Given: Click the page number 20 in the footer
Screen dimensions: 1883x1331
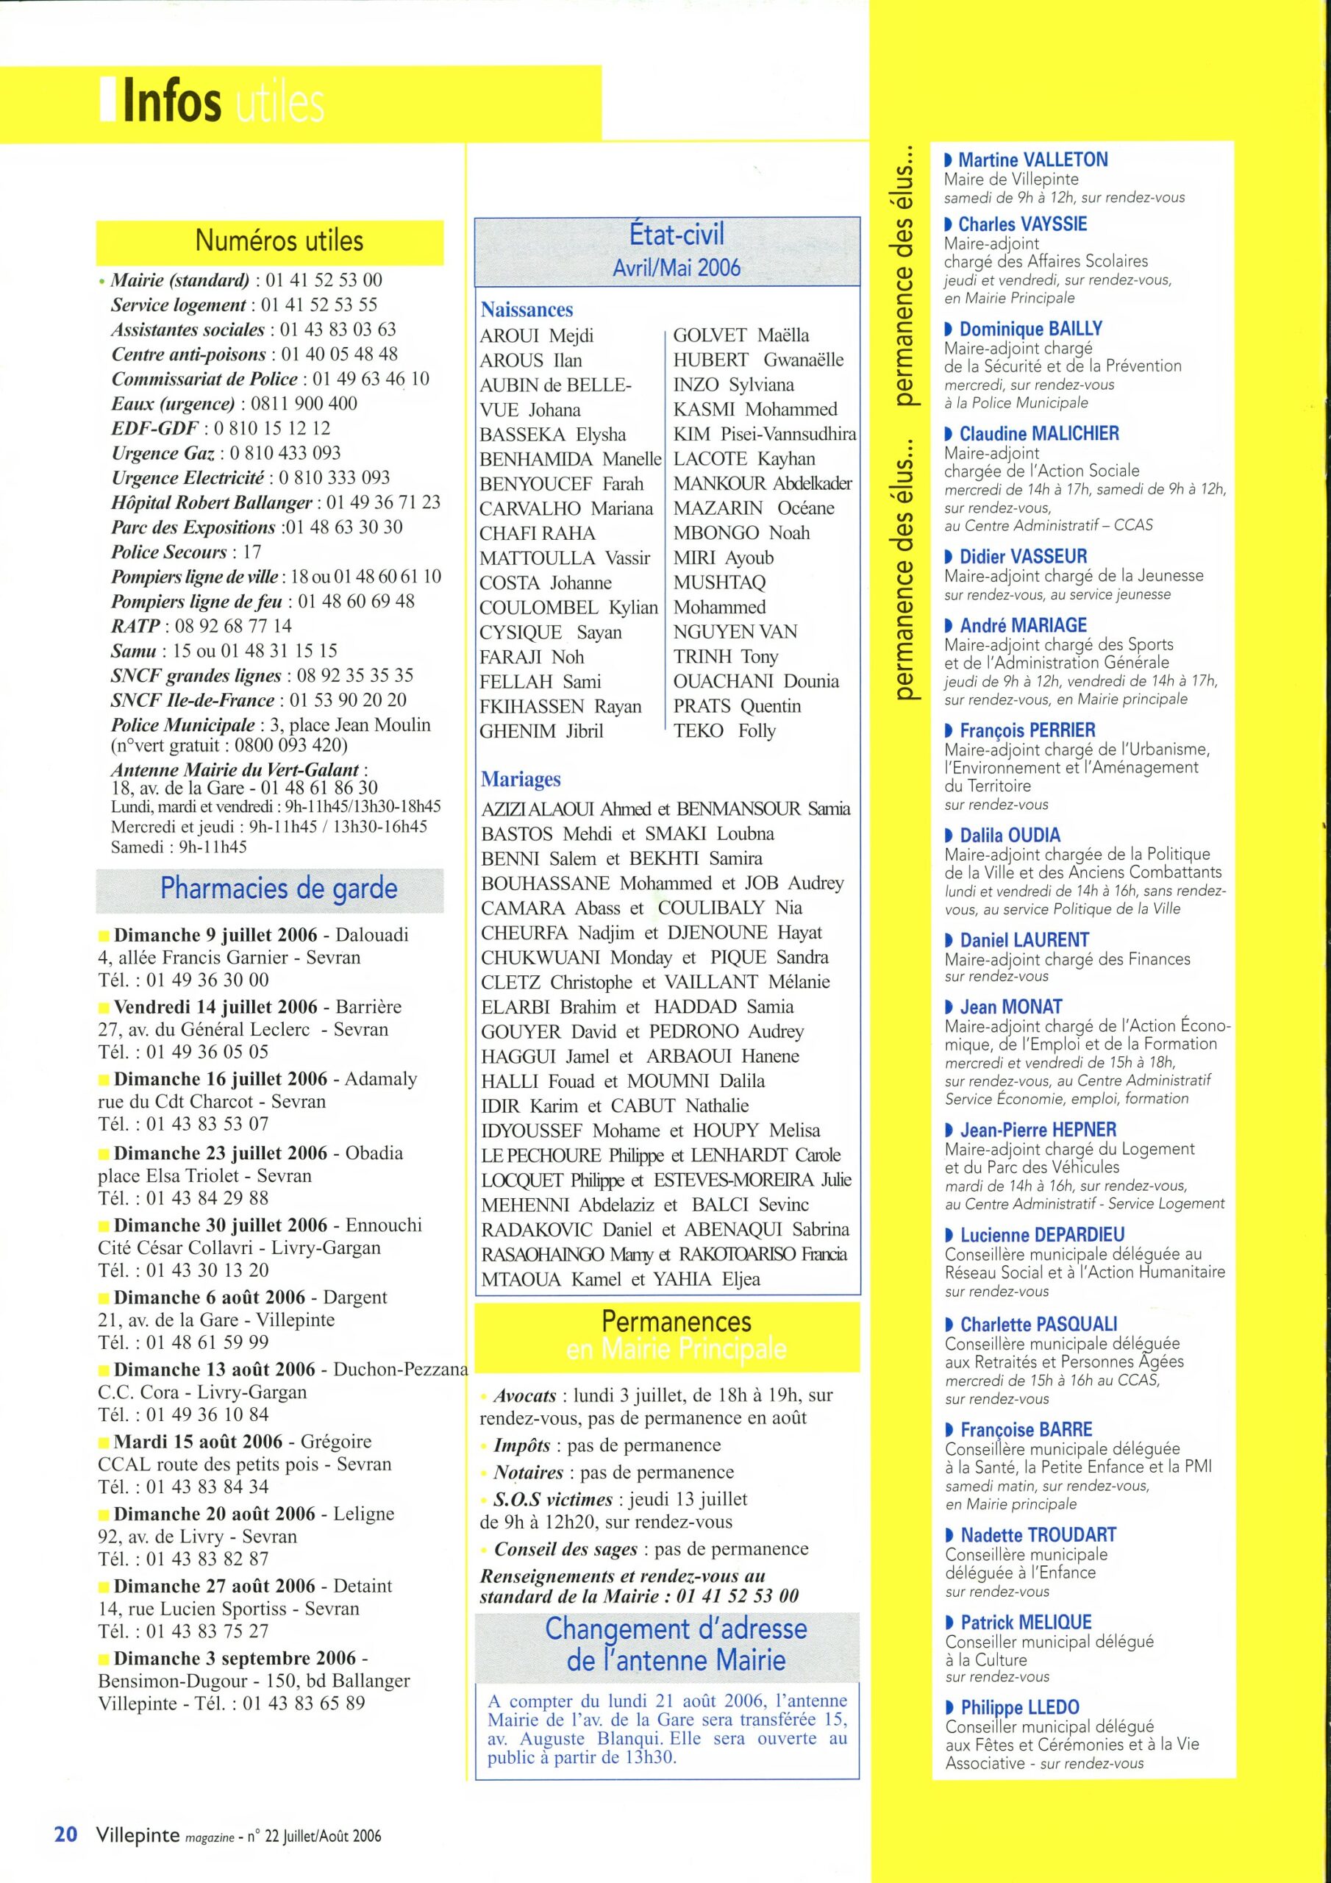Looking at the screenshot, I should pos(65,1834).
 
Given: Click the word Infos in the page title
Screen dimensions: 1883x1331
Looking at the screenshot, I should pos(172,102).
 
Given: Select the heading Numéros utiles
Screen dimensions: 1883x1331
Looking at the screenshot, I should pos(279,241).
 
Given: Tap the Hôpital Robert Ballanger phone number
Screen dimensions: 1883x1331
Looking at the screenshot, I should pos(383,502).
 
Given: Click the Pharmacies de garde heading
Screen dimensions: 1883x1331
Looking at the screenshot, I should pos(278,889).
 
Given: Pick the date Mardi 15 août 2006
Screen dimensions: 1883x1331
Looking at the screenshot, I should pos(198,1442).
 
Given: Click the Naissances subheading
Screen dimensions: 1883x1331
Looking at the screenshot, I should pos(527,310).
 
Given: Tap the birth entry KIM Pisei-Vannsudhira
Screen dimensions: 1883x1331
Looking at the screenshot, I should pos(764,434).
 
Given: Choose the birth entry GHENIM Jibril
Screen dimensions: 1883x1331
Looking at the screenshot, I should pos(541,730).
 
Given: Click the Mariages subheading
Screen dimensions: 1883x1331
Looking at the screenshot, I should pos(521,779).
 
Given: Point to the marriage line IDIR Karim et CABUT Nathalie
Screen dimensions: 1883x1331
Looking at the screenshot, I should pos(614,1106).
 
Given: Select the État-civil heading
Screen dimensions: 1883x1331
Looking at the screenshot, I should pos(677,235).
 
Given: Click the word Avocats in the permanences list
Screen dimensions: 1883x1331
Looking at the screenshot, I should pos(525,1395).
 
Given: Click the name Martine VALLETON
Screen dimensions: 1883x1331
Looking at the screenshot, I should pos(1032,160).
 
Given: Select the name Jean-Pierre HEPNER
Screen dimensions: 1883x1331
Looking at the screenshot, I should pos(1038,1129).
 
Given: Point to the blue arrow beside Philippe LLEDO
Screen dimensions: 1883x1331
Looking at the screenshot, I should pos(949,1707).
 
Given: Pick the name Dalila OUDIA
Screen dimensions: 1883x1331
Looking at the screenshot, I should pos(1010,835).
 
